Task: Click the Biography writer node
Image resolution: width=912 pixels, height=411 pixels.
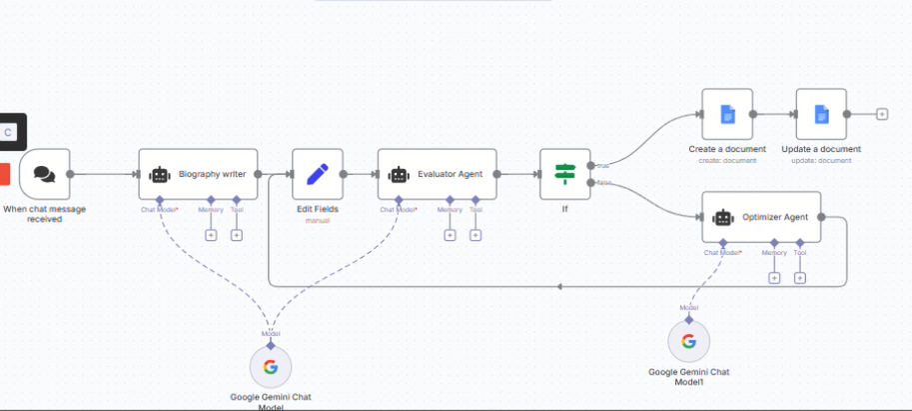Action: pyautogui.click(x=198, y=174)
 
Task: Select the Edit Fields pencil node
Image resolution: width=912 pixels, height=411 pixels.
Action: pyautogui.click(x=318, y=174)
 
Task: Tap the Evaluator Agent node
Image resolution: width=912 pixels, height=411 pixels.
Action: pyautogui.click(x=437, y=174)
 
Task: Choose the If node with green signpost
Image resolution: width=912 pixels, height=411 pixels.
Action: pyautogui.click(x=565, y=174)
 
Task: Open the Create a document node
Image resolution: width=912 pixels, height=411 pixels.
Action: pyautogui.click(x=727, y=114)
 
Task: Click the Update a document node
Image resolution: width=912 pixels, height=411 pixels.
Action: pyautogui.click(x=821, y=114)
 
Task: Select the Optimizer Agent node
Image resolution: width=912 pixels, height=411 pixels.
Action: pyautogui.click(x=761, y=216)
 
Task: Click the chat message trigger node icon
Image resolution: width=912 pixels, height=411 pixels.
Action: pyautogui.click(x=44, y=174)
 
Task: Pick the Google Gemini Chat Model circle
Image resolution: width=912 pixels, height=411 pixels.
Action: pyautogui.click(x=270, y=366)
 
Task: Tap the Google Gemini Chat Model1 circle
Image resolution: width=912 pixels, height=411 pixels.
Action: pyautogui.click(x=688, y=341)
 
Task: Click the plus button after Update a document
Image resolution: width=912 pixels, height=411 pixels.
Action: pyautogui.click(x=882, y=114)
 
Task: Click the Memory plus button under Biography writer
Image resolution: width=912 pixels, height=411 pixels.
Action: pyautogui.click(x=211, y=235)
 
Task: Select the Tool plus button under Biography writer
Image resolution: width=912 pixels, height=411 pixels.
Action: pyautogui.click(x=237, y=235)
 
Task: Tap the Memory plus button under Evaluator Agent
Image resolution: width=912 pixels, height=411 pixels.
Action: pyautogui.click(x=450, y=235)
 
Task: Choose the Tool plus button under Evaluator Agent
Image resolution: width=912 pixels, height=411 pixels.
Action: pyautogui.click(x=475, y=235)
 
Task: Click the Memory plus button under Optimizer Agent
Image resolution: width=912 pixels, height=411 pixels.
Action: pyautogui.click(x=774, y=277)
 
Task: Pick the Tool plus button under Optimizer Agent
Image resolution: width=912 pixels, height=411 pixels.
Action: pyautogui.click(x=800, y=277)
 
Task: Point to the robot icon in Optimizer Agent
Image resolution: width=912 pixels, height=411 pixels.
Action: pyautogui.click(x=723, y=216)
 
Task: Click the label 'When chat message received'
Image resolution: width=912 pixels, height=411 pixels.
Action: pyautogui.click(x=44, y=213)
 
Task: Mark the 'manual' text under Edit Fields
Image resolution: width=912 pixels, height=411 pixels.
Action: pyautogui.click(x=318, y=220)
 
